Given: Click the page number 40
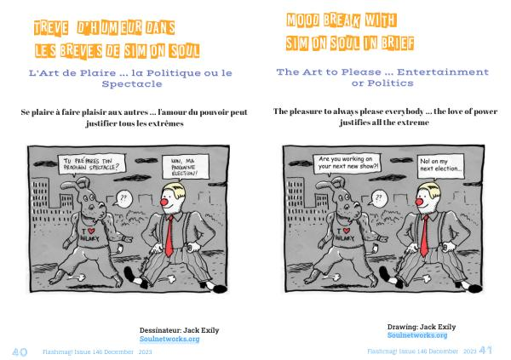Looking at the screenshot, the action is [20, 351].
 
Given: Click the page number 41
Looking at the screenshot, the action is [485, 351].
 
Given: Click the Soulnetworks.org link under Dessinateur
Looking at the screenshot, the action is [169, 339].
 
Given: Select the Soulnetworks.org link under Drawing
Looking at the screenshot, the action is [417, 335].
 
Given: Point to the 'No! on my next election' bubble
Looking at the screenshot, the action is [440, 165].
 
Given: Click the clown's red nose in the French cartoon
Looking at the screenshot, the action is [164, 202].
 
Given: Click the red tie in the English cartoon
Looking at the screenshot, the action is [424, 237].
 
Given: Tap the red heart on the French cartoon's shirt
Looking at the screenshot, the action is [91, 231].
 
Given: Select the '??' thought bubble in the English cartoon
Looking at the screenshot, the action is [378, 198].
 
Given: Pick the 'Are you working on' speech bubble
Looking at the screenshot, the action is [347, 163].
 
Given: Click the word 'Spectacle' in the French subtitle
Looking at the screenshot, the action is [132, 83].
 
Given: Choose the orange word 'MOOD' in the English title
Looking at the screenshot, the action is [302, 20].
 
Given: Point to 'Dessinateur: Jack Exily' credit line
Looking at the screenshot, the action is [179, 330].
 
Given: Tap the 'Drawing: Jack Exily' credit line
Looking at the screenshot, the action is [422, 327].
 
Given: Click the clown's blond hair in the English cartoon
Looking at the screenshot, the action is [431, 190].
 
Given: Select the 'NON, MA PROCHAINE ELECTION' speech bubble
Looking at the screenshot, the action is [185, 167].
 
